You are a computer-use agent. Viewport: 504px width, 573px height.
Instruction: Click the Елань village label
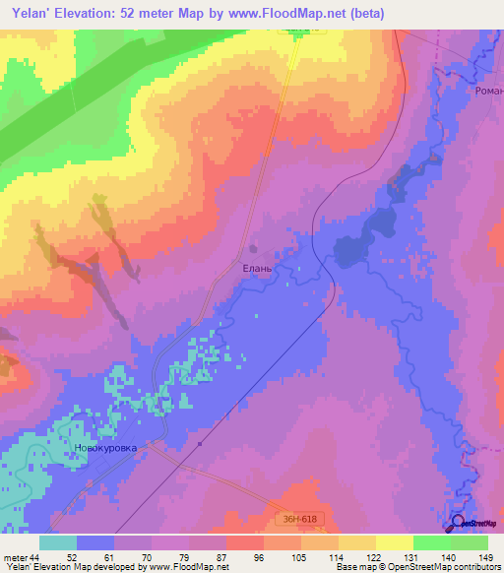(257, 267)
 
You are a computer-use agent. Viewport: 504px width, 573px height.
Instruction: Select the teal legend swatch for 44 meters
(58, 542)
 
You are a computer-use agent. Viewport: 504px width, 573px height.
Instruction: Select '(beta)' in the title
(366, 13)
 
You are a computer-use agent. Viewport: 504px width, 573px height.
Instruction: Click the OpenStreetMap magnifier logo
(457, 522)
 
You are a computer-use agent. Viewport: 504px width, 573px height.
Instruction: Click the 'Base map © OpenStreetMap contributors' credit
(414, 567)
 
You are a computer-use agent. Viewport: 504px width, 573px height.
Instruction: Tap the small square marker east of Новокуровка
(199, 443)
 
